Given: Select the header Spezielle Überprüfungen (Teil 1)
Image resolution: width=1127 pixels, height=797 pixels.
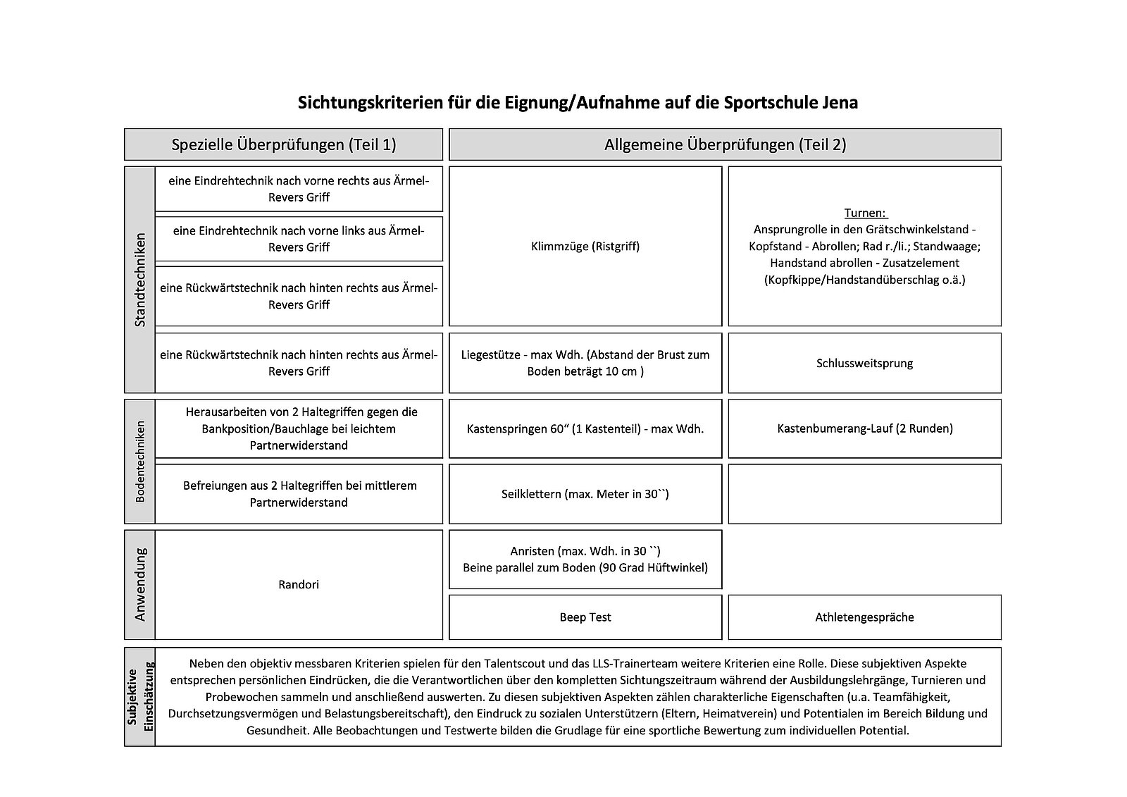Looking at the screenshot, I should coord(284,144).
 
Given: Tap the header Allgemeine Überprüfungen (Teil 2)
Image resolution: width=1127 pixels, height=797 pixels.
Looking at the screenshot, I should coord(725,144).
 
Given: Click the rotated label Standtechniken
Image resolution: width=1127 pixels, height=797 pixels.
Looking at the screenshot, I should coord(139,279).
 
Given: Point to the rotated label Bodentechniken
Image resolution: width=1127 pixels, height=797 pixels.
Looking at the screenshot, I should coord(139,462).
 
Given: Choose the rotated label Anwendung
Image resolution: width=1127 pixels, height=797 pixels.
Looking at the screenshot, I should coord(139,584).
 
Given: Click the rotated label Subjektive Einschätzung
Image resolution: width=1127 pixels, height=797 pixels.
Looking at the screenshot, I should coord(140,696).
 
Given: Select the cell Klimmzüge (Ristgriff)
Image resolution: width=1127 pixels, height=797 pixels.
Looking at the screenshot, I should coord(585,247).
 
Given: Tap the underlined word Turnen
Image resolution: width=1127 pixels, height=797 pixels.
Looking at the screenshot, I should coord(865,213).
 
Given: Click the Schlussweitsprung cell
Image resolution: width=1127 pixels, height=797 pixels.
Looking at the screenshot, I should coord(864,364).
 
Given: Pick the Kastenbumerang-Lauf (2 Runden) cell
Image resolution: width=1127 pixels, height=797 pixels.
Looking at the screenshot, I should coord(864,428).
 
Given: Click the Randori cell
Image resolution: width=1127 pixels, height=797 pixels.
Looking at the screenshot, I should coord(299,584).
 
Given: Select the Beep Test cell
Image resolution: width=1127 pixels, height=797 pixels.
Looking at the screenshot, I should coord(585,617).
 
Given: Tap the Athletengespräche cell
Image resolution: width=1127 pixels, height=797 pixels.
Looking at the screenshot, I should coord(864,617).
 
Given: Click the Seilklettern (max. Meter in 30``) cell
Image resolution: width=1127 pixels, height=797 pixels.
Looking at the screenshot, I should coord(585,494).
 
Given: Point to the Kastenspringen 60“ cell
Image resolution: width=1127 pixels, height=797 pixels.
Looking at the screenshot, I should coord(585,428).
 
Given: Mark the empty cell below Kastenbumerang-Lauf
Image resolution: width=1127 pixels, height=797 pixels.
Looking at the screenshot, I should coord(864,494).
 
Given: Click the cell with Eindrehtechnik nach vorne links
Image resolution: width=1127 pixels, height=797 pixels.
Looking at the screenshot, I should coord(299,239).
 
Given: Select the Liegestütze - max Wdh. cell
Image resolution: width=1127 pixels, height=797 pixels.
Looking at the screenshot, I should coord(585,363).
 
